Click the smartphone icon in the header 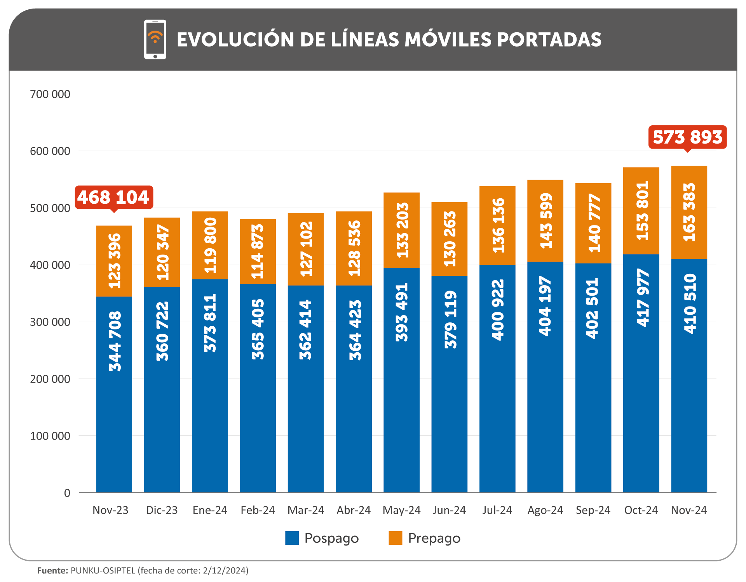[155, 40]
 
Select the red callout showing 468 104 [113, 197]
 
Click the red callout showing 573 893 [687, 137]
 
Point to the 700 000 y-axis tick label [50, 94]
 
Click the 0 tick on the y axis [67, 493]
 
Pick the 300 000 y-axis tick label [50, 322]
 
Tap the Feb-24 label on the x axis [258, 510]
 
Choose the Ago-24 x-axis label [545, 510]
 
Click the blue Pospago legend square [292, 538]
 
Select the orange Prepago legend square [395, 538]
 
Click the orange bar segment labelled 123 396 [114, 261]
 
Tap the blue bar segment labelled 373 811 [210, 386]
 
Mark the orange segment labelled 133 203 [401, 230]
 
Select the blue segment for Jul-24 [497, 379]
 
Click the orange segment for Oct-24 [641, 211]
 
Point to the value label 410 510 [689, 303]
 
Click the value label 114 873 [258, 251]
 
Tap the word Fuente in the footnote [52, 571]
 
